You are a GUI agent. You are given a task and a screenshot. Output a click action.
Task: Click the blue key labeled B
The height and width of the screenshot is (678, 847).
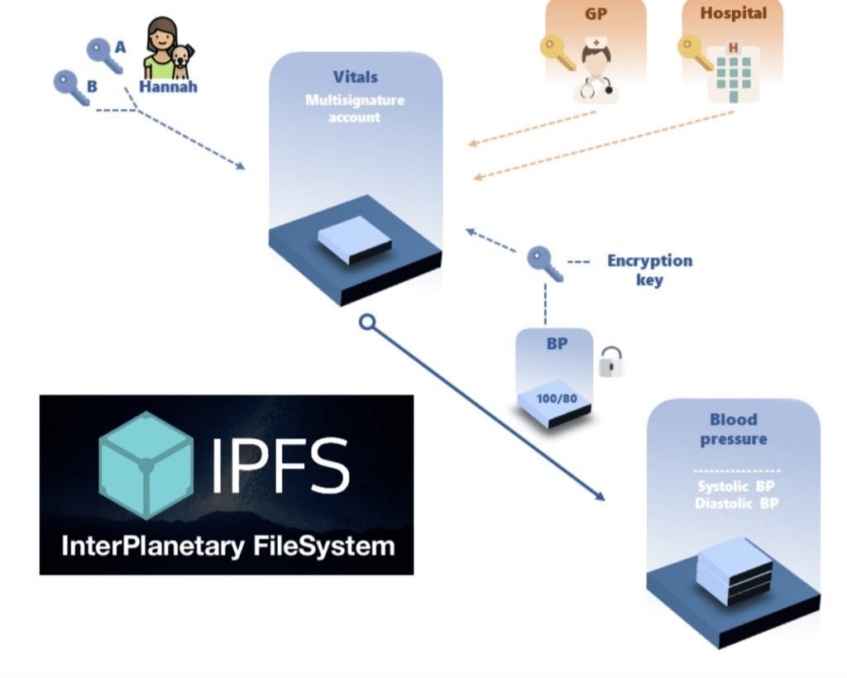point(70,87)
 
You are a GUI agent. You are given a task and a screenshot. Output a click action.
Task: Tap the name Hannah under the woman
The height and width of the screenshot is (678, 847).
point(168,86)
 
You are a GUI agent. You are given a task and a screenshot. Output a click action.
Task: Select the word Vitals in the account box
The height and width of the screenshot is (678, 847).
point(355,77)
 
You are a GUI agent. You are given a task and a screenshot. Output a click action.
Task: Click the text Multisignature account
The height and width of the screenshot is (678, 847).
point(355,108)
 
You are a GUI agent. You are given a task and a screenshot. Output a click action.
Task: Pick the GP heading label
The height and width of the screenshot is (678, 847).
point(596,13)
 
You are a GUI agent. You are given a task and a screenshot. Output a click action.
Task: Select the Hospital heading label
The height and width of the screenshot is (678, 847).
point(733,13)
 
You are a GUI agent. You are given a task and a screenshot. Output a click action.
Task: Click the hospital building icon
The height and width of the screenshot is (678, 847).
point(733,73)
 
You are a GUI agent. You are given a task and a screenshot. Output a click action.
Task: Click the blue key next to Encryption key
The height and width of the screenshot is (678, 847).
point(545,263)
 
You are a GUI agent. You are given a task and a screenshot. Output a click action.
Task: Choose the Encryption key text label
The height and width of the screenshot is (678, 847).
point(649,270)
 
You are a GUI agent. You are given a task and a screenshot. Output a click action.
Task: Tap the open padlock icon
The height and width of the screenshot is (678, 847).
point(610,361)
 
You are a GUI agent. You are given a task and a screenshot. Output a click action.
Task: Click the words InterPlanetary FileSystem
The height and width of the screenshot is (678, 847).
point(227,546)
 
